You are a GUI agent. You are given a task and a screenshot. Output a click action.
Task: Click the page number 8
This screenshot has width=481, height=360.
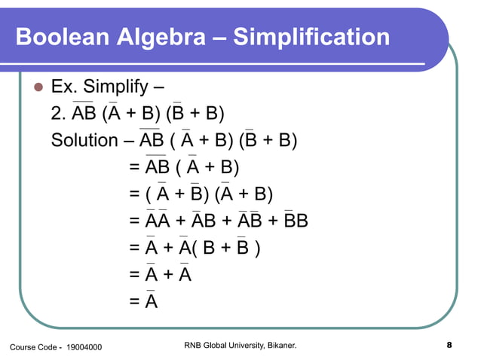[x=449, y=346]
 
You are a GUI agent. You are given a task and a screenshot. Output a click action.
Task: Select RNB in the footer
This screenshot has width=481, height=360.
[x=194, y=346]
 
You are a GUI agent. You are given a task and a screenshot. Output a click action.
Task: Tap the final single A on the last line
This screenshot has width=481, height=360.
[x=151, y=302]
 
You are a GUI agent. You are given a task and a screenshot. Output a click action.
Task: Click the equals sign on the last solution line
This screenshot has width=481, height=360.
[x=133, y=302]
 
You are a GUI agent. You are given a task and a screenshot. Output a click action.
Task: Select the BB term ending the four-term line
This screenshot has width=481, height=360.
[x=296, y=221]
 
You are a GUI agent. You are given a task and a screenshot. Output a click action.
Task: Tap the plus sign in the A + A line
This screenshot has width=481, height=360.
[x=167, y=275]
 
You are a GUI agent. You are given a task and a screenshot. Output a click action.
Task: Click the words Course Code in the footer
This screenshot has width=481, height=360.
[x=31, y=346]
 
